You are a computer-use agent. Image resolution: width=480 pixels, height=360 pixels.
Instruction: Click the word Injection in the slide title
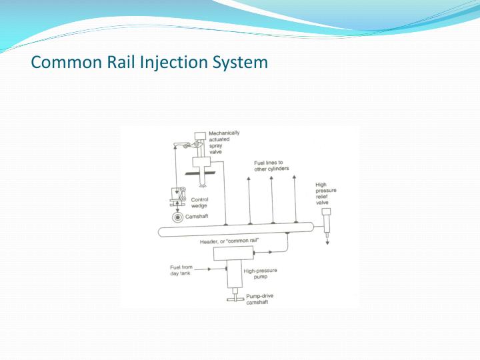click(x=155, y=63)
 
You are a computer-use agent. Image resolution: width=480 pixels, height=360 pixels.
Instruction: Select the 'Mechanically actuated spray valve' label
click(x=225, y=142)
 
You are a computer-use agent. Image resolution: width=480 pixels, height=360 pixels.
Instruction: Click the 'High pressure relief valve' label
click(x=327, y=195)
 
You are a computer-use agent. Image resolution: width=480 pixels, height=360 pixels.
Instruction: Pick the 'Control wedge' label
click(x=200, y=203)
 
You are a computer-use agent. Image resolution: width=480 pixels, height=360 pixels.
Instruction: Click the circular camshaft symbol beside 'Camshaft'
click(x=179, y=217)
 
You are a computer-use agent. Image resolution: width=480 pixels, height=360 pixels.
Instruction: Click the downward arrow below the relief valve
click(x=327, y=241)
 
